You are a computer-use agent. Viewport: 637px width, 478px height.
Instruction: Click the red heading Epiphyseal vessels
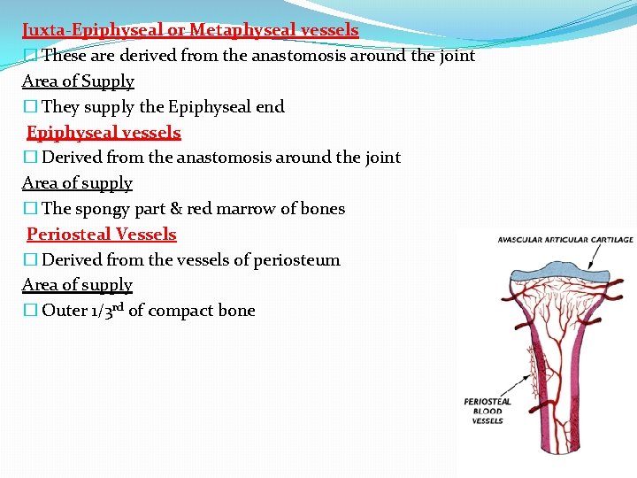coord(104,133)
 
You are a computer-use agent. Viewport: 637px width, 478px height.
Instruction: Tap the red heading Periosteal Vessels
coord(102,235)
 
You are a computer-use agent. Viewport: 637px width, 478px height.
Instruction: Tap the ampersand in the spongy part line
coord(188,209)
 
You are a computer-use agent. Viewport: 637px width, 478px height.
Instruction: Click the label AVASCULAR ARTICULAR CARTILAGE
coord(565,240)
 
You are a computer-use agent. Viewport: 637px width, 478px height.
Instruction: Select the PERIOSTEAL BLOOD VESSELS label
coord(487,412)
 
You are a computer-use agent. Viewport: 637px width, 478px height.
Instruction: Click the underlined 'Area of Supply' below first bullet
coord(78,81)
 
